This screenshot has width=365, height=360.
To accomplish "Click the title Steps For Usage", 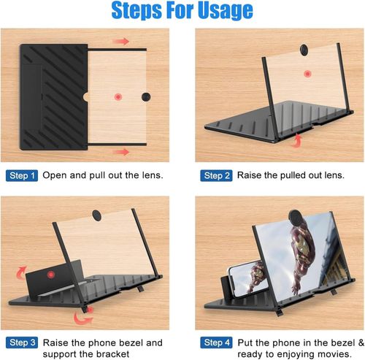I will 182,11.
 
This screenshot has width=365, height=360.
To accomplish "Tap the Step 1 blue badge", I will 23,176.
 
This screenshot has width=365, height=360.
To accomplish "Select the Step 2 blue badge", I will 217,176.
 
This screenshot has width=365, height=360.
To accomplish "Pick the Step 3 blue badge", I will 23,342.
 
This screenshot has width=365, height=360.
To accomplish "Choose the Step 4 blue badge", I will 217,342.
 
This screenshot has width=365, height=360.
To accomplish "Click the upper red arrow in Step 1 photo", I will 120,42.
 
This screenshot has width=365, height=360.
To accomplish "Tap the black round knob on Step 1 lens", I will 145,96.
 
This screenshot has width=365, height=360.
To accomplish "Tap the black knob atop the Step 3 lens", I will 96,213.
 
